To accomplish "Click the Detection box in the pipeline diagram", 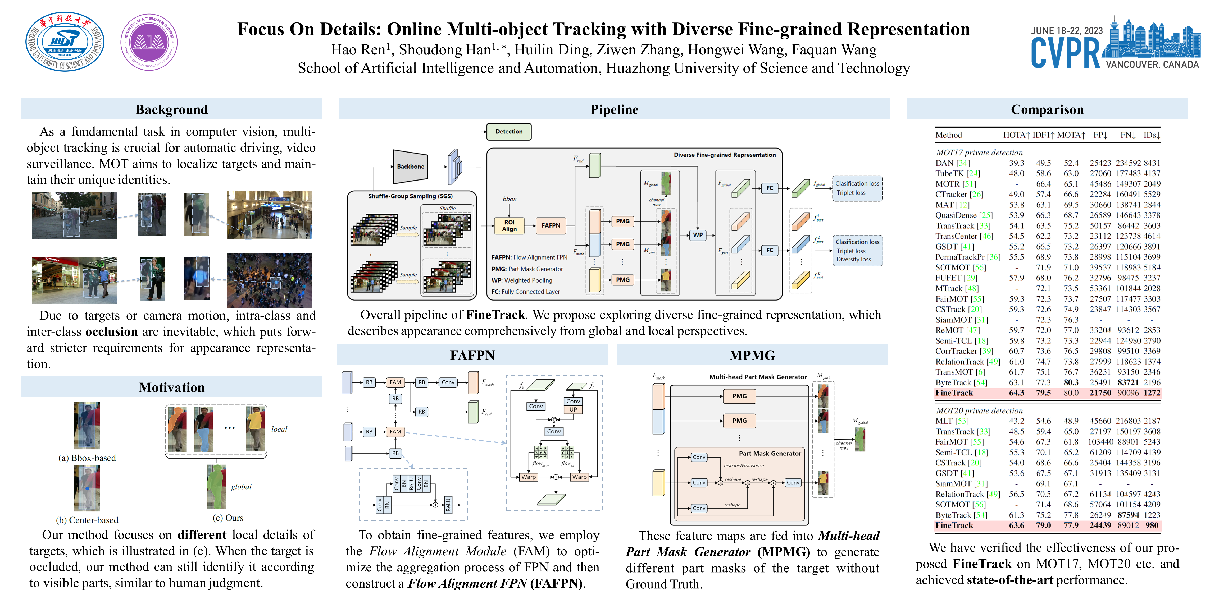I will pyautogui.click(x=509, y=131).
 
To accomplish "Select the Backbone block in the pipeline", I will pyautogui.click(x=410, y=167).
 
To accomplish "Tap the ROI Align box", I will pyautogui.click(x=509, y=225).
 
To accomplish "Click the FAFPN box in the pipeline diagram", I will pyautogui.click(x=551, y=225).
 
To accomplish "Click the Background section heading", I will pyautogui.click(x=171, y=110).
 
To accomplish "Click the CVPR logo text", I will pyautogui.click(x=1066, y=53).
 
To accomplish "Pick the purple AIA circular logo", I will pyautogui.click(x=149, y=43).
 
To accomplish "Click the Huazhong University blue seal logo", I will pyautogui.click(x=65, y=41).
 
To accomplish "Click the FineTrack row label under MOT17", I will pyautogui.click(x=954, y=393).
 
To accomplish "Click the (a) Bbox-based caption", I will pyautogui.click(x=87, y=458).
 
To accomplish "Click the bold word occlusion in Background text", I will pyautogui.click(x=112, y=332).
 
